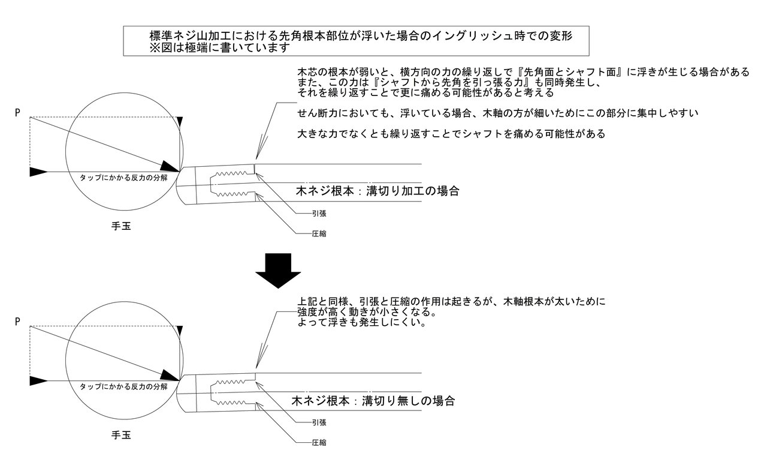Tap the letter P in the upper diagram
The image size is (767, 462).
point(17,112)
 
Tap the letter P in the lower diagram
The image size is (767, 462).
point(17,322)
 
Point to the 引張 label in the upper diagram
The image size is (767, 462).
point(319,213)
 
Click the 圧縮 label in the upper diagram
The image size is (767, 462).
point(319,233)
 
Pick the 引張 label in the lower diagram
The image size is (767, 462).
point(319,422)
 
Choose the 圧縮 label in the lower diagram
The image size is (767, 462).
point(319,442)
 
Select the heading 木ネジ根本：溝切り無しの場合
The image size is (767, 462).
point(373,400)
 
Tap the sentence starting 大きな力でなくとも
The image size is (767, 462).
point(451,134)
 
